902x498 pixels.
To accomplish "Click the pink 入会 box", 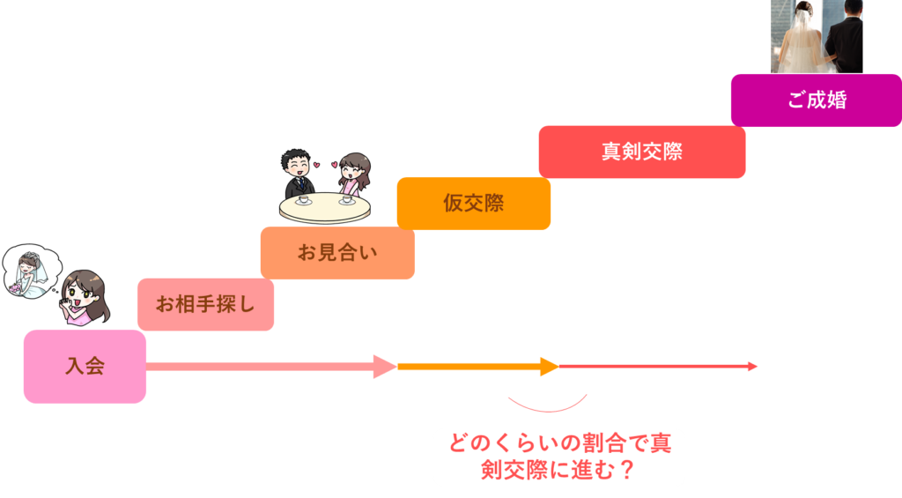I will click(85, 366).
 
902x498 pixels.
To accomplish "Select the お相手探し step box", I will click(205, 305).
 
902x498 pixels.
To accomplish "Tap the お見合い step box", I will click(337, 254).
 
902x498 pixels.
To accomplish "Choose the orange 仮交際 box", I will click(473, 203).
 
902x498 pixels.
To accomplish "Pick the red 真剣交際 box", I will click(641, 152).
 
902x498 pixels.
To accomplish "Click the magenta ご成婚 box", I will click(816, 100).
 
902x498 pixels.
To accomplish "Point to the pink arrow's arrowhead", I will click(386, 366).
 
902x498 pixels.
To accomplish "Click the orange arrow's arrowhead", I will click(550, 366).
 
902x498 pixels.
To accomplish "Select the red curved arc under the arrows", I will click(547, 408).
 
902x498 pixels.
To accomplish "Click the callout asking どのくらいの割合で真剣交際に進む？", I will click(558, 457).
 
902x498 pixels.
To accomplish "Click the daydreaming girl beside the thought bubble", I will click(85, 300).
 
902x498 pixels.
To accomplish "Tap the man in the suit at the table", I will click(298, 175).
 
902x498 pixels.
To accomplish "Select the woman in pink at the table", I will click(354, 176).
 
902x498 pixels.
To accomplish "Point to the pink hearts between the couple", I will click(326, 164).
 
